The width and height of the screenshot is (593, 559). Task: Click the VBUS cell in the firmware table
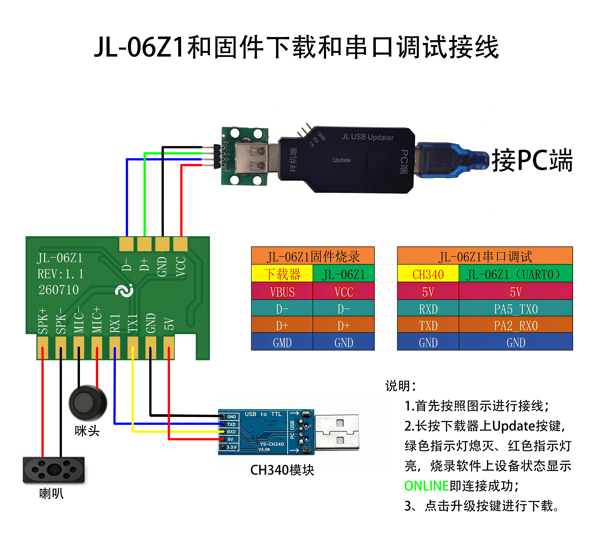tap(282, 291)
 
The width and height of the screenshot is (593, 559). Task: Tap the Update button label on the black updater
tap(342, 160)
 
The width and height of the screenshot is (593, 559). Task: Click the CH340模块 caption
tap(282, 470)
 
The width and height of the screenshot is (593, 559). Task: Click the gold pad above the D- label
tap(126, 244)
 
